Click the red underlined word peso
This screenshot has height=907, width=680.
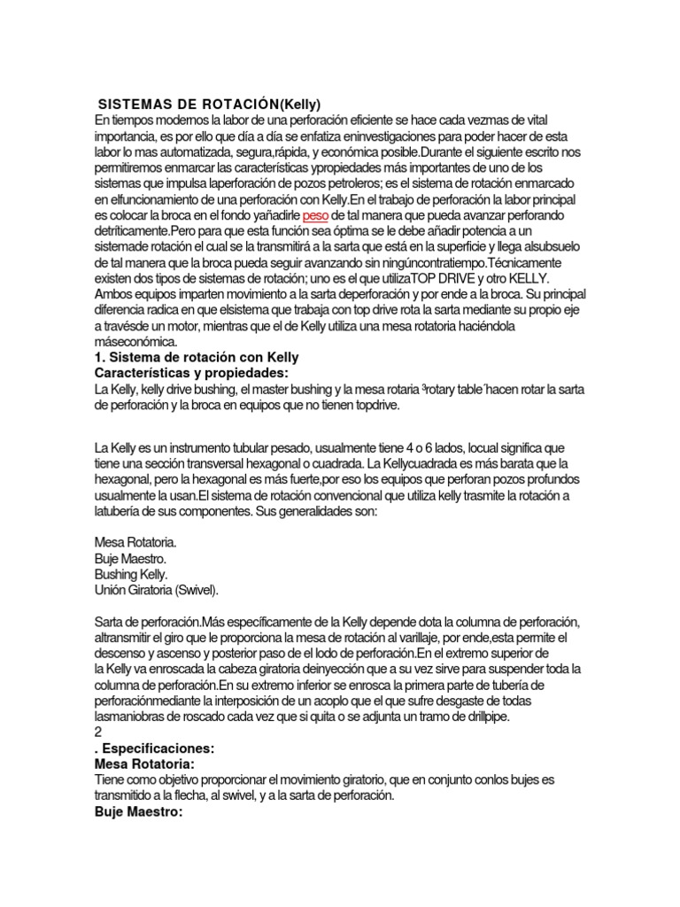[x=314, y=216]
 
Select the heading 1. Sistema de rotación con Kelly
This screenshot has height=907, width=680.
[x=196, y=358]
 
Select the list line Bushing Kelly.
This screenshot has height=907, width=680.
[x=131, y=574]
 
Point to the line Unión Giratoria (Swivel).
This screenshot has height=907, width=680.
[x=156, y=589]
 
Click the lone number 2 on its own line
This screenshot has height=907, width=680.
[x=97, y=733]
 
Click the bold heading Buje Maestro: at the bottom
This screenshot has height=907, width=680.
[x=138, y=811]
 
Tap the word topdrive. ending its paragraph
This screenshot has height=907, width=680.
[x=376, y=406]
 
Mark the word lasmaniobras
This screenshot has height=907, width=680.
[x=132, y=717]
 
